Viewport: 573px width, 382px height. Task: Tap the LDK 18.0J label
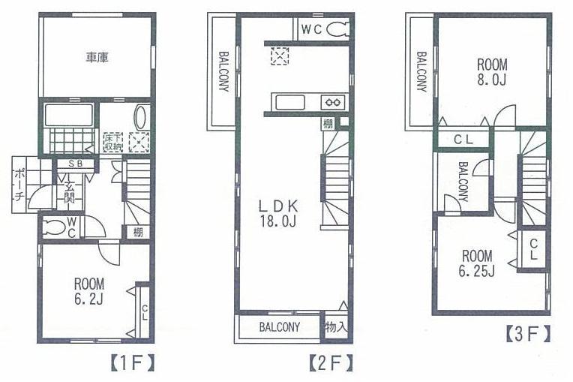pos(280,212)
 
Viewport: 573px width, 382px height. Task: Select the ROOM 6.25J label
pos(477,263)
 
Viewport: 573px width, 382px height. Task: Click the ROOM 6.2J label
pos(89,291)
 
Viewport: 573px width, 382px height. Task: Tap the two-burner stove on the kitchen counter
pos(332,102)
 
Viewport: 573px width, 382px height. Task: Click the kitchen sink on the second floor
pos(290,102)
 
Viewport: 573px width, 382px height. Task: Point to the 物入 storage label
pos(336,327)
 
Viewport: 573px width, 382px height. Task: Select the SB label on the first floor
pos(75,164)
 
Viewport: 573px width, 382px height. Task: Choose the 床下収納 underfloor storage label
pos(112,141)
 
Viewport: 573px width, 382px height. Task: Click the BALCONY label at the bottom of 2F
pos(280,327)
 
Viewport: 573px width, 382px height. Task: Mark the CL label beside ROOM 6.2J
pos(142,311)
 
